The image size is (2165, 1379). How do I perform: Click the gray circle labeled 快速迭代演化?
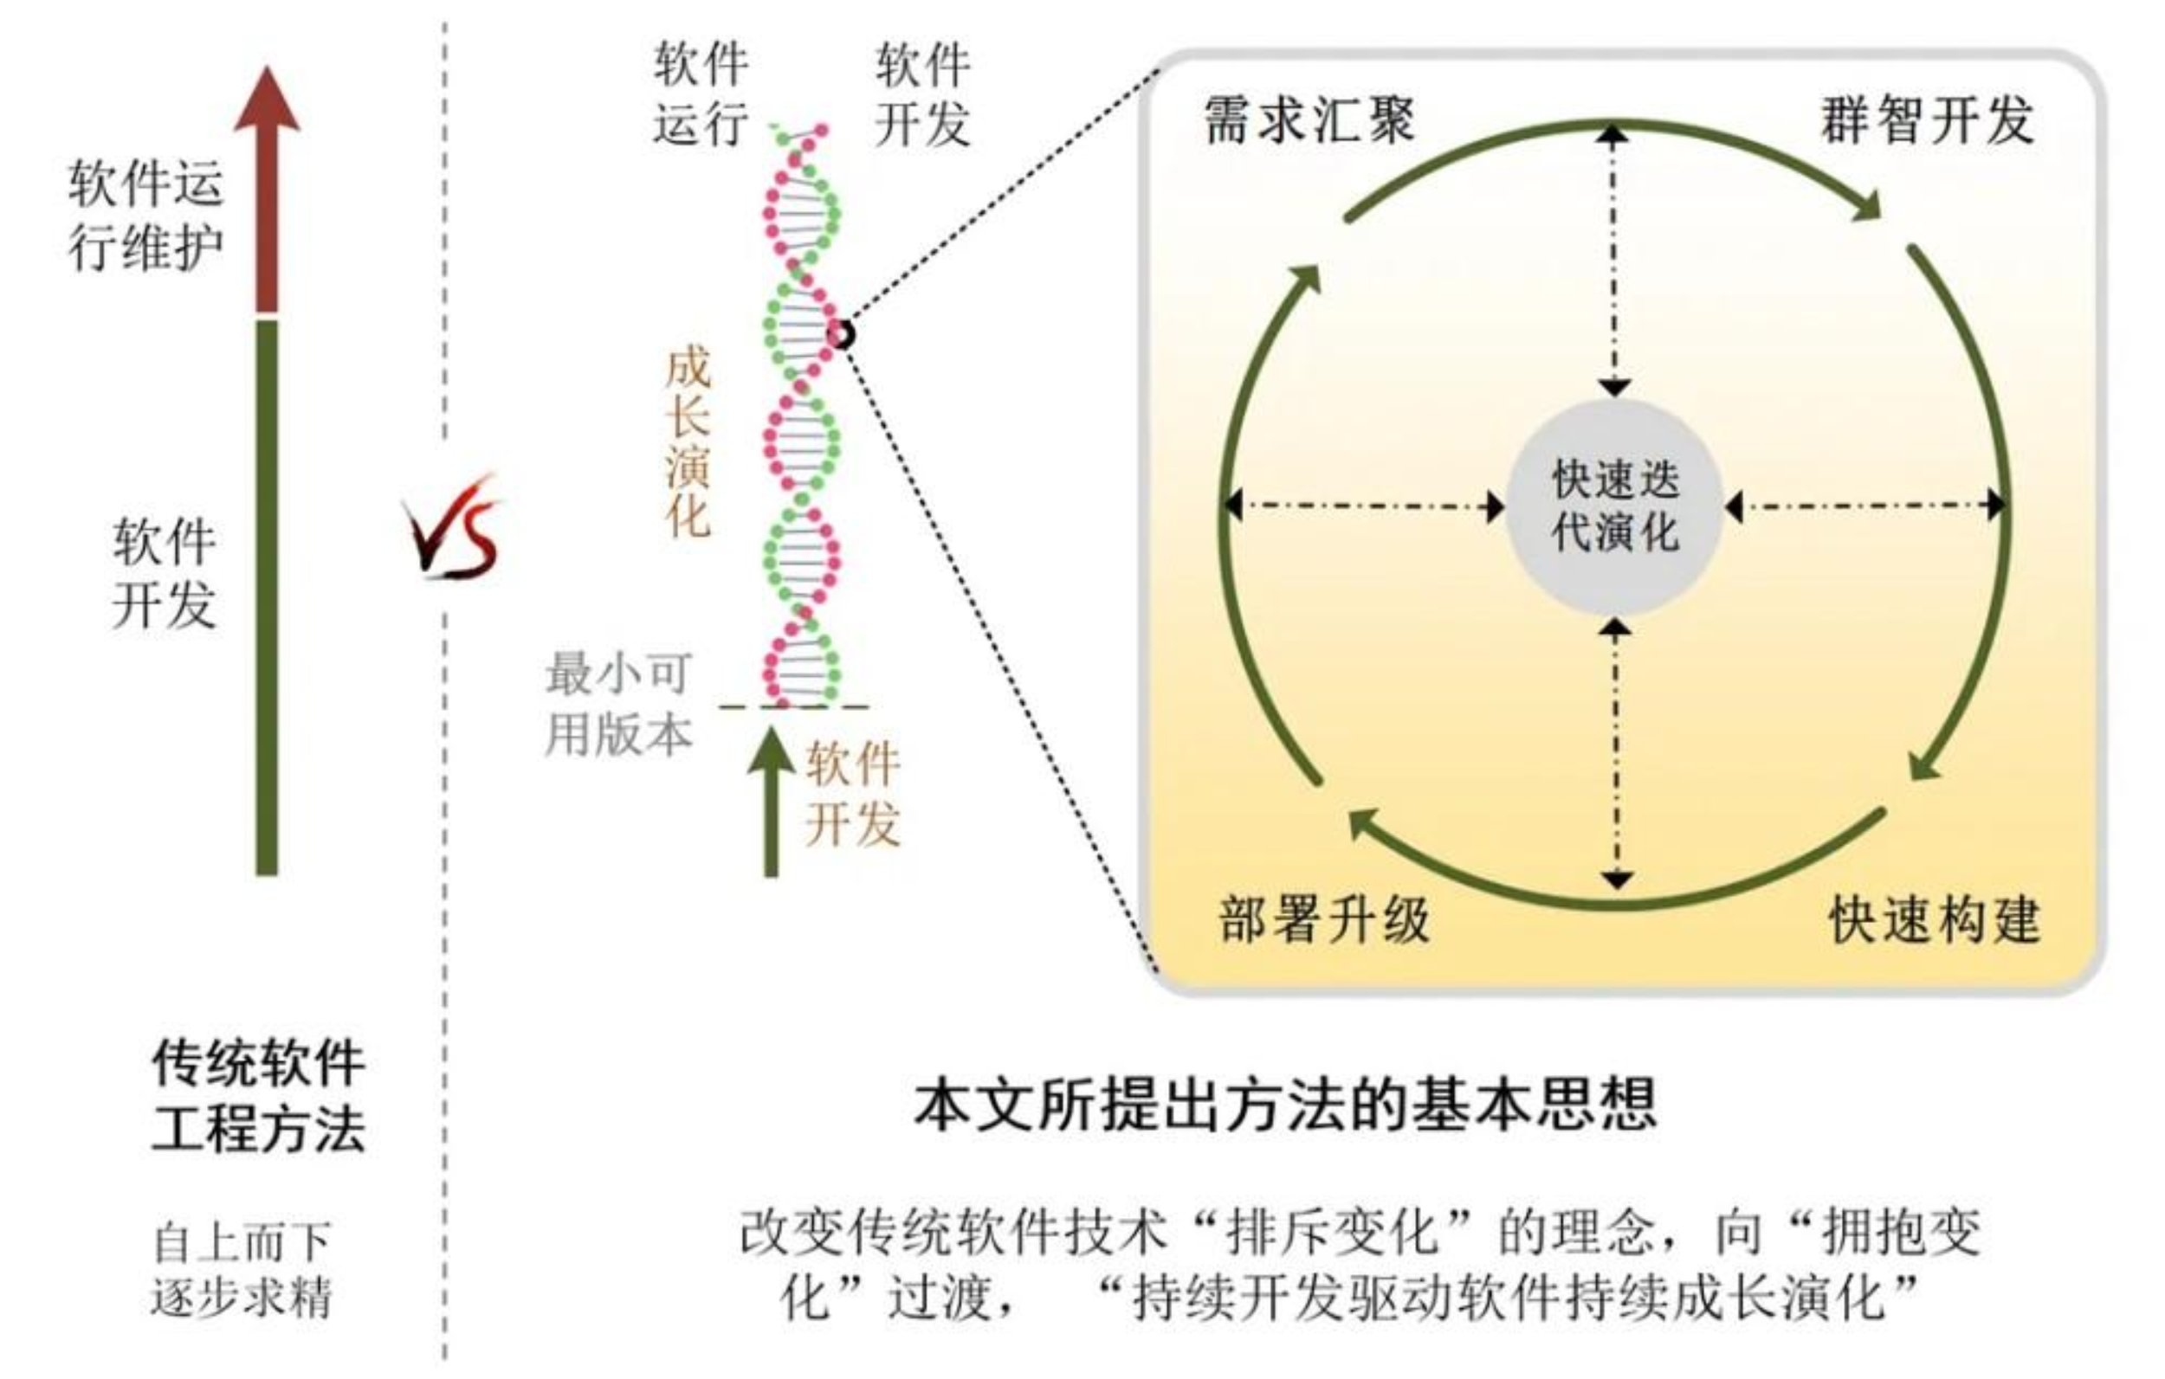coord(1615,506)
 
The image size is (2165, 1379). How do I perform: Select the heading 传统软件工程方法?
coord(258,1096)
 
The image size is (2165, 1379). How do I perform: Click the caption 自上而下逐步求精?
coord(241,1268)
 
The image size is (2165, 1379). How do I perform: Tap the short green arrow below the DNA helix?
coord(771,800)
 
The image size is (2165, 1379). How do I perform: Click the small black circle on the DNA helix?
coord(842,334)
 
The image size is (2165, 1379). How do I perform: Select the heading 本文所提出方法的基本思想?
coord(1285,1105)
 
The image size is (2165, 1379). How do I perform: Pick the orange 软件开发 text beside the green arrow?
coord(851,793)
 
